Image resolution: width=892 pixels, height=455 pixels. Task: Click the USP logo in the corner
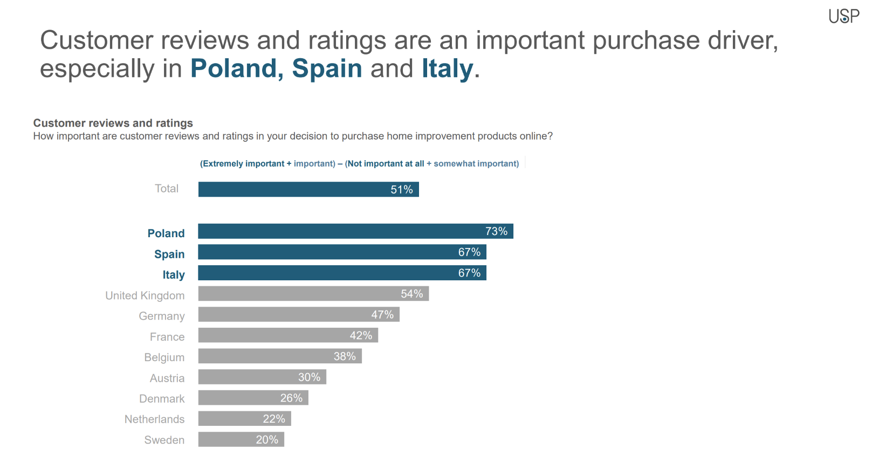click(x=843, y=17)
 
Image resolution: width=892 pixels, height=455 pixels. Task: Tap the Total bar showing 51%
click(x=308, y=189)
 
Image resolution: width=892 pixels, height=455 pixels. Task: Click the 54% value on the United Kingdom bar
click(x=411, y=294)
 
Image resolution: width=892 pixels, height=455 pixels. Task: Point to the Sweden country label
click(x=164, y=440)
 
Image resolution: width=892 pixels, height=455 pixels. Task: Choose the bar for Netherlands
click(x=244, y=419)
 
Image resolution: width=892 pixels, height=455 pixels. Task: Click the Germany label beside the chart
click(x=161, y=316)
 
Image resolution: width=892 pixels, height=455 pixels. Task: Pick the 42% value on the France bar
click(x=361, y=336)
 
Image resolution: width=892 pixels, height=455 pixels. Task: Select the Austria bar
click(x=262, y=377)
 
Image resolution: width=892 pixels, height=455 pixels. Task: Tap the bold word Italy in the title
click(x=447, y=68)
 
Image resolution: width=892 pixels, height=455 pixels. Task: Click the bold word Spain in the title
click(x=327, y=68)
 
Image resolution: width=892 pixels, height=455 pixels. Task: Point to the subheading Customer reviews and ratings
click(x=113, y=123)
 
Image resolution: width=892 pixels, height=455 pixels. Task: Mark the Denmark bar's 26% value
click(x=291, y=398)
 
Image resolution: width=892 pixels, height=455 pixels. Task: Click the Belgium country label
click(x=164, y=357)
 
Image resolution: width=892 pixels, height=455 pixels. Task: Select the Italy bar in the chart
click(x=341, y=273)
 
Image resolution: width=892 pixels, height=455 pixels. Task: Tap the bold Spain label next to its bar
click(x=169, y=254)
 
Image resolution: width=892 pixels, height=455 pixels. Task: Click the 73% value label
click(x=496, y=231)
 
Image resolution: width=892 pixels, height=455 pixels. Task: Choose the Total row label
click(x=166, y=189)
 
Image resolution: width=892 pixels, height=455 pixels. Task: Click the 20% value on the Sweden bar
click(x=267, y=440)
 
